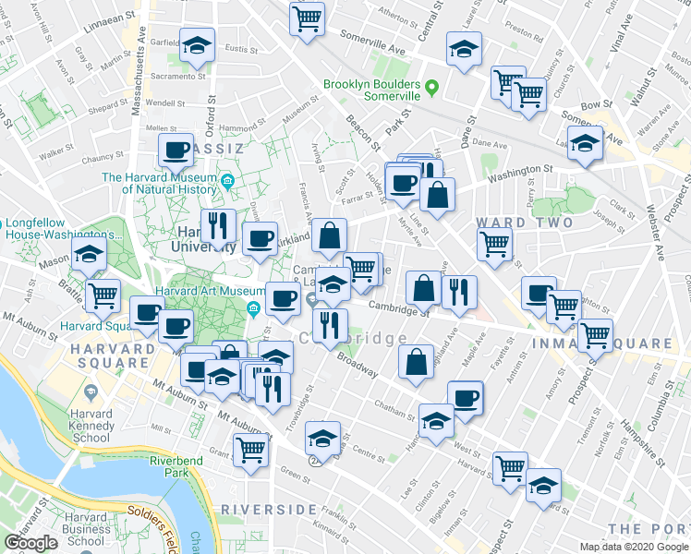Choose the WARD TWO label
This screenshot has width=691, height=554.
(524, 223)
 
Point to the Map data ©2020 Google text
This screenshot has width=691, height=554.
(634, 547)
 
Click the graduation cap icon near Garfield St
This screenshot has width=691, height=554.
(197, 45)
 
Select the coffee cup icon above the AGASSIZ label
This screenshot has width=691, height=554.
(176, 150)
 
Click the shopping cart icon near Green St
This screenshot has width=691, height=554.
(251, 451)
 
